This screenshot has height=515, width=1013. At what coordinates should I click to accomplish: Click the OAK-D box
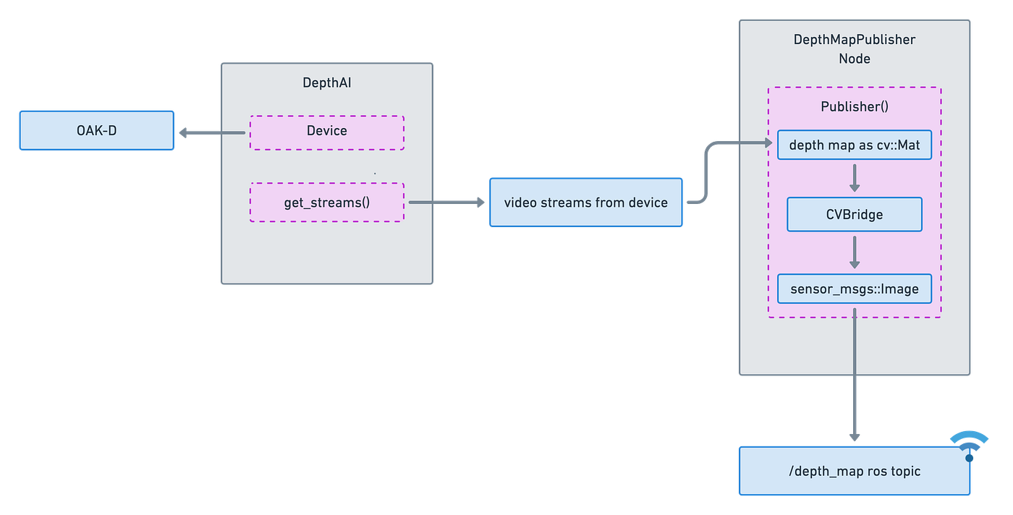tap(96, 130)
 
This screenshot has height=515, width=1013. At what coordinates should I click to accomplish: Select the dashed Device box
tap(326, 132)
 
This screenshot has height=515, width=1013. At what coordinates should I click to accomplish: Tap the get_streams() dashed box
tap(326, 202)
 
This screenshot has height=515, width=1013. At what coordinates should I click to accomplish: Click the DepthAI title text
tap(326, 83)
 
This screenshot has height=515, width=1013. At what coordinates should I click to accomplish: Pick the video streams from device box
tap(585, 203)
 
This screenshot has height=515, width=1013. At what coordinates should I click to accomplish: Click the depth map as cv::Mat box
tap(854, 145)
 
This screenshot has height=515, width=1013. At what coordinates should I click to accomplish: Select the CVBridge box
tap(854, 215)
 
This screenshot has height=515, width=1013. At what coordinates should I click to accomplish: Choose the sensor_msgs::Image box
tap(854, 289)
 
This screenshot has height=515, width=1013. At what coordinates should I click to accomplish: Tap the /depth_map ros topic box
tap(854, 472)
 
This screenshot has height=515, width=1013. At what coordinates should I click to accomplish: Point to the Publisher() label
tap(854, 106)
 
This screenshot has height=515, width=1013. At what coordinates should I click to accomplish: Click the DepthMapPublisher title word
tap(854, 40)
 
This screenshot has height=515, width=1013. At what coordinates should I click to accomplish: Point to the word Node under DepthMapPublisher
tap(854, 58)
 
